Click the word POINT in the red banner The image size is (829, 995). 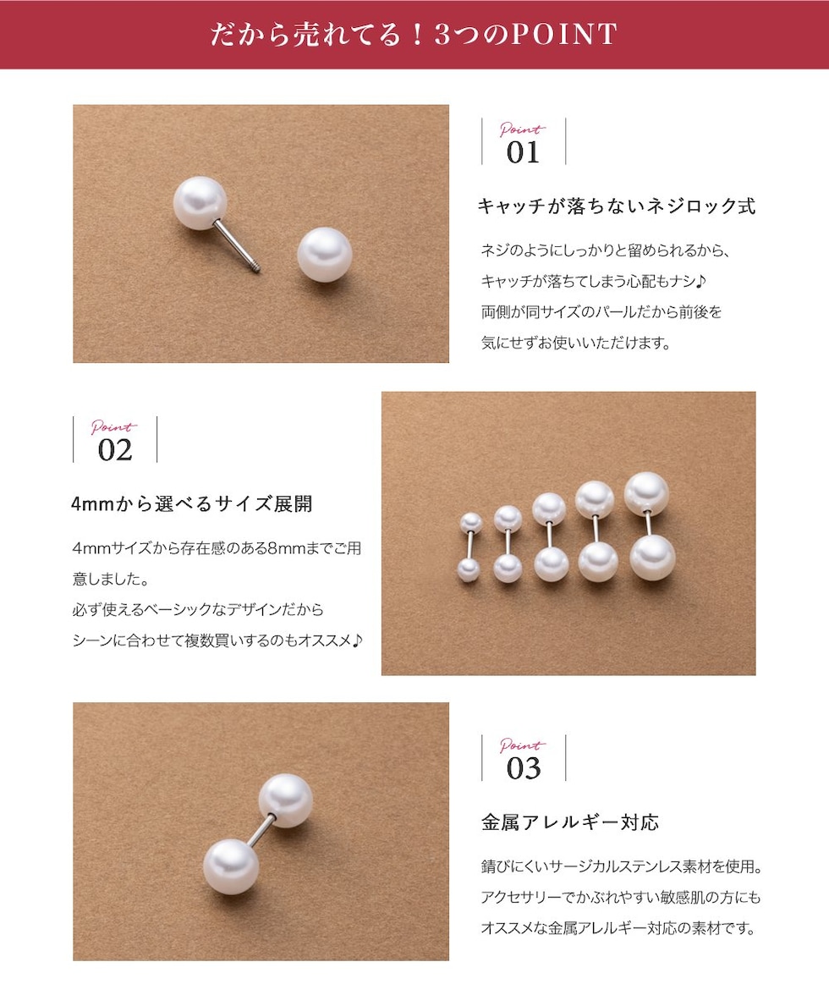563,34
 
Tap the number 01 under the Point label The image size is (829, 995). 524,152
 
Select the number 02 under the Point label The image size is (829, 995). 115,450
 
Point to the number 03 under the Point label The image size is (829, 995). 524,768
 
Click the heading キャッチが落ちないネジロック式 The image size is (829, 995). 617,206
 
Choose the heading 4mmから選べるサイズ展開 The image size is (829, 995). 192,504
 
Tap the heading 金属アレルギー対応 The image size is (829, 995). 570,822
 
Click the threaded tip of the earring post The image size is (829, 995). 256,269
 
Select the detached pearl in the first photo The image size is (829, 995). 324,255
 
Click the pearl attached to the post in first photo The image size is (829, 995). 200,203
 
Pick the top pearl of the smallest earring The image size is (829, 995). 470,523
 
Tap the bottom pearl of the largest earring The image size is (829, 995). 652,558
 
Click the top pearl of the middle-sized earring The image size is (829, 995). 549,509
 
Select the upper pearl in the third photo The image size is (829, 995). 285,800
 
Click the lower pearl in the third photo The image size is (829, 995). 231,866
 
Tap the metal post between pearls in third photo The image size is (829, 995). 260,831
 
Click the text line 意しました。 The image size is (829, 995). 111,579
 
